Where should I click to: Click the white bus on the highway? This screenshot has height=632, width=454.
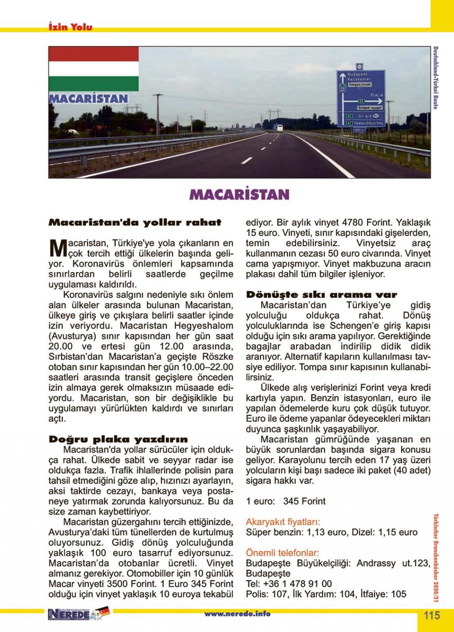pyautogui.click(x=279, y=129)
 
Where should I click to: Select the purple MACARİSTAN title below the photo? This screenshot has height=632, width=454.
pyautogui.click(x=239, y=194)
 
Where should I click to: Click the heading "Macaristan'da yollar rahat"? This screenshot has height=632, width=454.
pyautogui.click(x=135, y=222)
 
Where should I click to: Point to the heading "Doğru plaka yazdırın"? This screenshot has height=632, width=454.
pyautogui.click(x=118, y=439)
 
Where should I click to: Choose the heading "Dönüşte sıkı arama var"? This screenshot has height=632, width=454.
pyautogui.click(x=322, y=295)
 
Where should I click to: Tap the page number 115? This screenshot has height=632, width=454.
pyautogui.click(x=431, y=616)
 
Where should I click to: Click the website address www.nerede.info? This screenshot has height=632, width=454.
pyautogui.click(x=237, y=614)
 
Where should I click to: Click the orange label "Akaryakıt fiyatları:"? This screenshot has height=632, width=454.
pyautogui.click(x=283, y=522)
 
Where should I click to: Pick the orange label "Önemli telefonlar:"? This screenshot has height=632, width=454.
pyautogui.click(x=282, y=553)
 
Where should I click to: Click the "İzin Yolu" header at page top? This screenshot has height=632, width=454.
pyautogui.click(x=70, y=27)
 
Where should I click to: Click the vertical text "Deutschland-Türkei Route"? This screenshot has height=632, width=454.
pyautogui.click(x=436, y=78)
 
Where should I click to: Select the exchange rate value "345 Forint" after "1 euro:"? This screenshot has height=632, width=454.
pyautogui.click(x=304, y=501)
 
